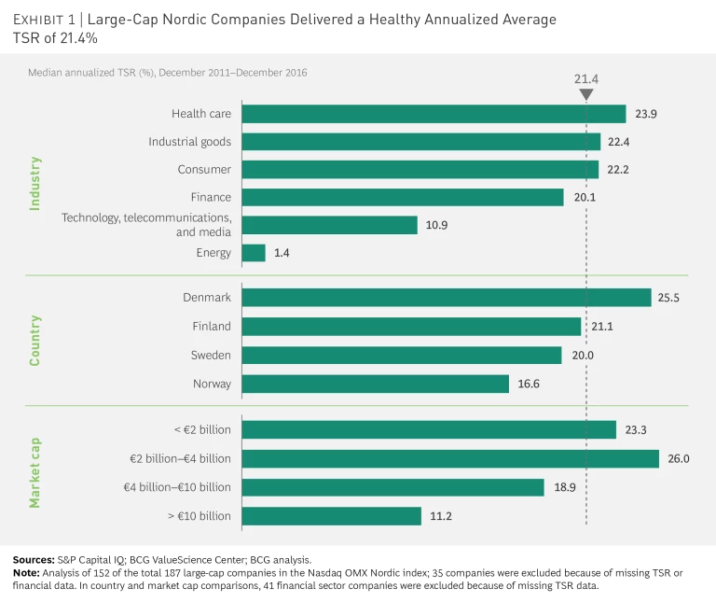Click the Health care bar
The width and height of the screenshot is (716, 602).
click(434, 114)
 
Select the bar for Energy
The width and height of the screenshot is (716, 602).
click(254, 253)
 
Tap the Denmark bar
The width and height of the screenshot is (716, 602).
click(446, 298)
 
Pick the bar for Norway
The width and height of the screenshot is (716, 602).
click(375, 384)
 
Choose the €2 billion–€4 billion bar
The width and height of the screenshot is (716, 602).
click(450, 459)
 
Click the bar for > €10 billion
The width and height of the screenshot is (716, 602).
click(331, 516)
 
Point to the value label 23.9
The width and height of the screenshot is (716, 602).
click(647, 114)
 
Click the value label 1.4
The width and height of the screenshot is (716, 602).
click(282, 253)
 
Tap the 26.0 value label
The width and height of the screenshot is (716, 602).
click(680, 459)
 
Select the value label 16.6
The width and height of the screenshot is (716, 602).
click(530, 384)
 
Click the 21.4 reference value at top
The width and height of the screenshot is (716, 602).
click(585, 79)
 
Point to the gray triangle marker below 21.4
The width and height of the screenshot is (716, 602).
click(585, 94)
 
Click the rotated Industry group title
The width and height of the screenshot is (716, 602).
click(35, 183)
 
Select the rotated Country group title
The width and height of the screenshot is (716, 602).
click(35, 340)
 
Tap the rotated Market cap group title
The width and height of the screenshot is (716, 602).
click(35, 472)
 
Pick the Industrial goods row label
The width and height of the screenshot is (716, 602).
click(189, 142)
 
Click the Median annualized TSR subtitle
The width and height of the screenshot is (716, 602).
click(167, 72)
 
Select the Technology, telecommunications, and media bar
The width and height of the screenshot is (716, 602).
click(329, 225)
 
